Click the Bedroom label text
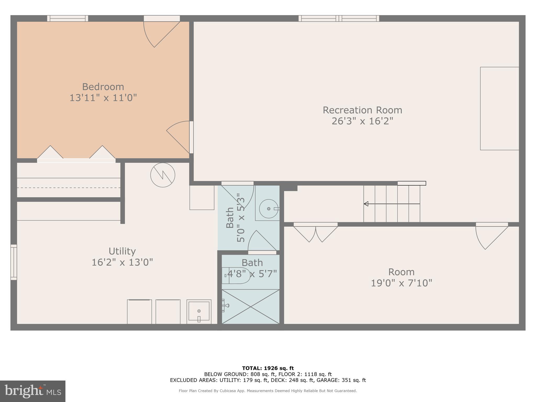pos(103,87)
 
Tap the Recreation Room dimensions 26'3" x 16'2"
pos(362,121)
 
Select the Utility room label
pos(122,251)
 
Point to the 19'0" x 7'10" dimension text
pos(401,283)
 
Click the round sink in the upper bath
pos(269,209)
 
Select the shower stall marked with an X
pos(250,306)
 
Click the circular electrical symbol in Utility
pos(163,175)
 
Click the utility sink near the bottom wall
pos(199,311)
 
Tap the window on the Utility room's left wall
pos(14,262)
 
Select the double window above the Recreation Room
pos(339,18)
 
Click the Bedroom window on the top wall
pos(68,18)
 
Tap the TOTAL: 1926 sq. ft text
pos(268,368)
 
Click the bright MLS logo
pos(33,391)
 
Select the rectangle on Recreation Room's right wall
pos(499,108)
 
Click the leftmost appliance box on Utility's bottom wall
pos(139,312)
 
